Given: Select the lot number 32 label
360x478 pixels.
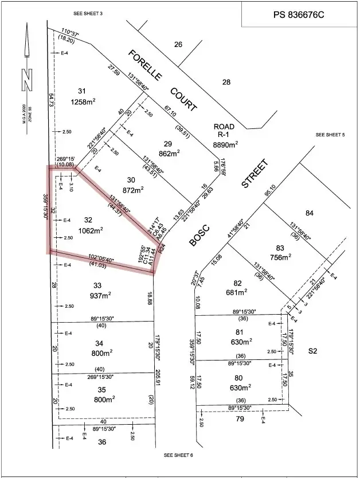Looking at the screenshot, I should tap(88, 220).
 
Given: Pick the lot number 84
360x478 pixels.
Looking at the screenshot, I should tap(310, 214).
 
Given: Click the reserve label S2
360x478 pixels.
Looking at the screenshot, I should tap(312, 350).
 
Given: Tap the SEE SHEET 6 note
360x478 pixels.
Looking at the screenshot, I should tap(178, 455).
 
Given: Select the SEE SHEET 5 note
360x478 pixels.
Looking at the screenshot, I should tap(330, 135).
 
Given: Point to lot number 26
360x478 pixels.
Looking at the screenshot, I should tap(178, 44).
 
